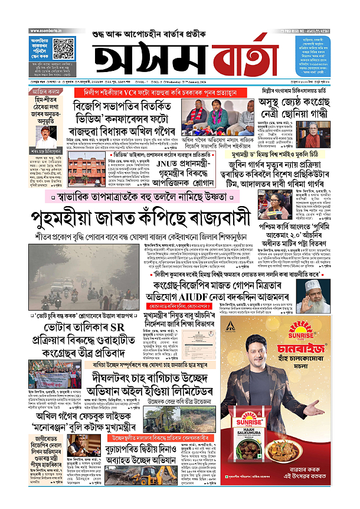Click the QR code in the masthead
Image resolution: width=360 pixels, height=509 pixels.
pyautogui.click(x=63, y=48)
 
